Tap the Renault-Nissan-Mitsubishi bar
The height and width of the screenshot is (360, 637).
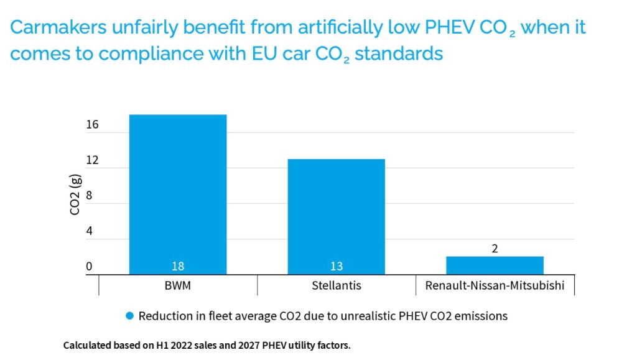(495, 265)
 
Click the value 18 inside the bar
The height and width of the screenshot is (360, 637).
(178, 266)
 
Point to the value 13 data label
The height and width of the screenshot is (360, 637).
(337, 266)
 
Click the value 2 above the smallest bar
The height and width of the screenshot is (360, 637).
(495, 249)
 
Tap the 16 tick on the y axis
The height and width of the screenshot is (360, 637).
(92, 125)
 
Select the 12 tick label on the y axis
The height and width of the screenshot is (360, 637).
(92, 160)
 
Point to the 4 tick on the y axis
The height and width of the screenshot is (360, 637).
(89, 231)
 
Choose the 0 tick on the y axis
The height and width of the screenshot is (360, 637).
(89, 267)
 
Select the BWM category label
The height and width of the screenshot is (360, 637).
(178, 286)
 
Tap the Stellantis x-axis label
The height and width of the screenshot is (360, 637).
(336, 286)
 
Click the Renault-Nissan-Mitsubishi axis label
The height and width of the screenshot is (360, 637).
(495, 286)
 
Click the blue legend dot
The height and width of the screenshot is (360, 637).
(129, 316)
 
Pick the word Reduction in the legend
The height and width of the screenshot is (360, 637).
(164, 316)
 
